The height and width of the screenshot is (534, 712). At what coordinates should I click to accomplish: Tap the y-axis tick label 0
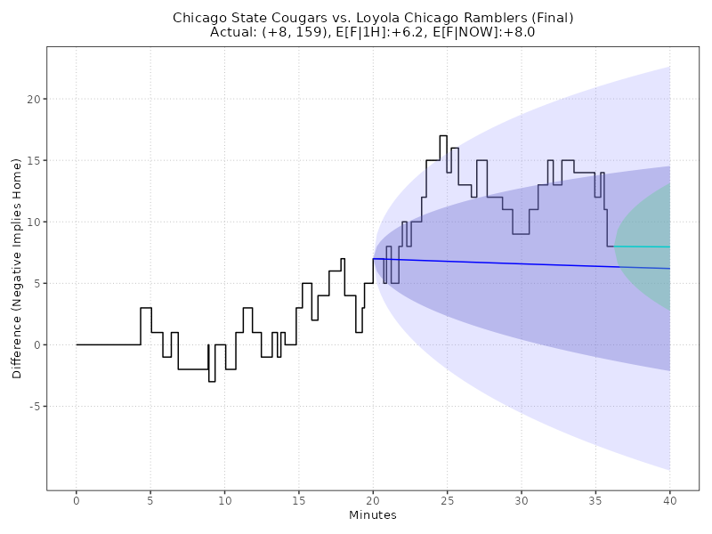tap(36, 345)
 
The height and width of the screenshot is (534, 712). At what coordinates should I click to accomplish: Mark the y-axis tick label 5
tap(36, 284)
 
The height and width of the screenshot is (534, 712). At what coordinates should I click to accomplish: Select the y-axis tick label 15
tap(34, 161)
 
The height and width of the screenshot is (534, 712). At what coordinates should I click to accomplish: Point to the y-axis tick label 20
tap(34, 100)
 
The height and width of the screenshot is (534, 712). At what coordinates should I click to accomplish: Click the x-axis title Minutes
tap(373, 515)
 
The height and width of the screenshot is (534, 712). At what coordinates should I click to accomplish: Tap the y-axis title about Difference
tap(17, 270)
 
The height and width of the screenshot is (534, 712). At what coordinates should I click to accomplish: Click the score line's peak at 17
tap(443, 136)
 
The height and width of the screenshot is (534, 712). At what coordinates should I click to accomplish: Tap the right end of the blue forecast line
tap(669, 269)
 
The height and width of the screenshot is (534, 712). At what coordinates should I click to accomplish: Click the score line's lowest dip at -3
tap(212, 382)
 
